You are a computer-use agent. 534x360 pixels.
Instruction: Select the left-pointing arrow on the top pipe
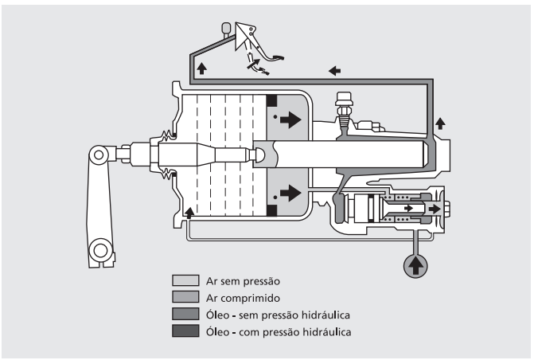pyautogui.click(x=335, y=71)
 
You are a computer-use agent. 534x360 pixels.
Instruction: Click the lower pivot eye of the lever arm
pyautogui.click(x=99, y=251)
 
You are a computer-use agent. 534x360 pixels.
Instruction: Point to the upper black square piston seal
pyautogui.click(x=271, y=101)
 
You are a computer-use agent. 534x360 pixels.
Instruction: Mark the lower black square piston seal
pyautogui.click(x=271, y=210)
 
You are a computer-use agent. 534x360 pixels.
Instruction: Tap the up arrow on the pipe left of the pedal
pyautogui.click(x=201, y=68)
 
